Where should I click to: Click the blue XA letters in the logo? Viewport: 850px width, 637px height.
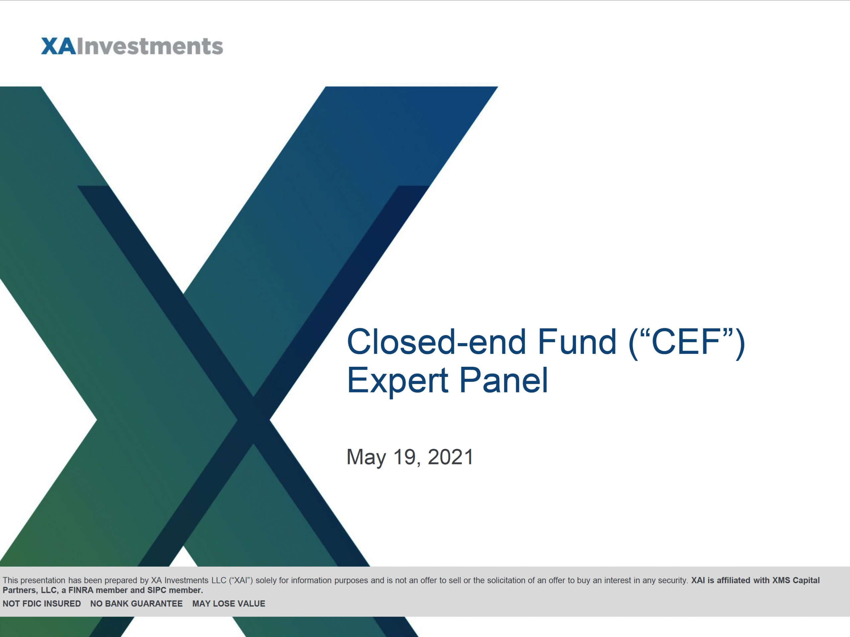pos(58,46)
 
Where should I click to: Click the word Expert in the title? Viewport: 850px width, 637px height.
pos(397,381)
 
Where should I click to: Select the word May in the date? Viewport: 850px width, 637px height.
pos(366,457)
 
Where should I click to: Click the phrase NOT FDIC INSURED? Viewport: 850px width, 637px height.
pos(42,603)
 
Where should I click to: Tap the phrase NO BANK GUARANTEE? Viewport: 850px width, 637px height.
pos(136,603)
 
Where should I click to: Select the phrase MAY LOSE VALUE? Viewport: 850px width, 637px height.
pos(229,603)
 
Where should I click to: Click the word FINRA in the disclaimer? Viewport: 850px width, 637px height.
pos(81,590)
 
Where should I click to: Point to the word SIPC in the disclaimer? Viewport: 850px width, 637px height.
pos(157,590)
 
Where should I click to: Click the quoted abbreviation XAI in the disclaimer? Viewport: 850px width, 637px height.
pos(241,580)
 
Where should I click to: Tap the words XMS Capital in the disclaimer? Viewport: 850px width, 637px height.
pos(796,580)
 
